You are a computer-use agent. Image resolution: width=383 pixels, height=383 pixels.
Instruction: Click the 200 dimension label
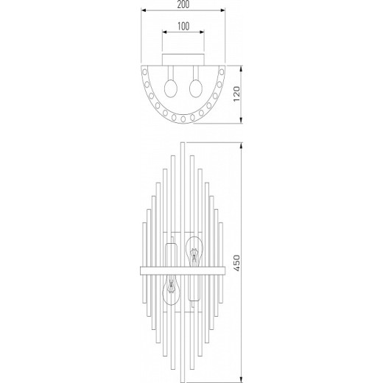183,4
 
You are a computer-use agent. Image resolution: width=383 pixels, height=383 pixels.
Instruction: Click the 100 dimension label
183,27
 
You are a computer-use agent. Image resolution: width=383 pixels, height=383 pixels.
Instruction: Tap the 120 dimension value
236,94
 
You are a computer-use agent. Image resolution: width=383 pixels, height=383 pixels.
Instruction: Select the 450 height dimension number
236,263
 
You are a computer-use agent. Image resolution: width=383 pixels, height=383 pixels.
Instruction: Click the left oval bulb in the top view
171,88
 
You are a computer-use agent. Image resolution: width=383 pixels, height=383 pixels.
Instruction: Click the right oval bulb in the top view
196,88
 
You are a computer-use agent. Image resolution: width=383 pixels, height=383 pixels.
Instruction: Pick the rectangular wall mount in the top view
183,60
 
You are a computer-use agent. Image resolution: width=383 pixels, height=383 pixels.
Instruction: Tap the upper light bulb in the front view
194,252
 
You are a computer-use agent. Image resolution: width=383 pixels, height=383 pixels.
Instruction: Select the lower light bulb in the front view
172,290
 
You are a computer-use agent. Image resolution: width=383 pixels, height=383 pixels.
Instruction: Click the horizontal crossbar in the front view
183,271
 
